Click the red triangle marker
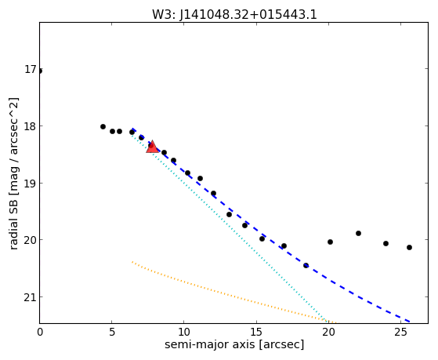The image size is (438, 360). (153, 147)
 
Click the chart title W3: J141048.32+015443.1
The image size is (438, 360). (234, 15)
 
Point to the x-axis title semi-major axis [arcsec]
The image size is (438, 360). (234, 344)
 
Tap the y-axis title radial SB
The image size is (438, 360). (13, 215)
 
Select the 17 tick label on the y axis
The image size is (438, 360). (31, 69)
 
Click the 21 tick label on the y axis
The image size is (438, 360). (31, 297)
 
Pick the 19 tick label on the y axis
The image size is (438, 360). (31, 184)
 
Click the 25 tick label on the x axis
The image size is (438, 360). (400, 333)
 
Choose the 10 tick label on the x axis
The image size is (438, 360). (183, 333)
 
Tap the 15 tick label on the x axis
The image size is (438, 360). (256, 333)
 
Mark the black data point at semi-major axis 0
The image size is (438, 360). (40, 71)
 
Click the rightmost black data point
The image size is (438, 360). (409, 247)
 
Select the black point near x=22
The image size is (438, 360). (358, 233)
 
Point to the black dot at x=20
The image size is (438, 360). (330, 242)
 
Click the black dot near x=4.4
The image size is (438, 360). (103, 127)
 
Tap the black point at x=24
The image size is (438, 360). (386, 243)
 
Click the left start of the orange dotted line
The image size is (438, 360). (132, 262)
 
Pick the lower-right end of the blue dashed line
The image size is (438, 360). (409, 322)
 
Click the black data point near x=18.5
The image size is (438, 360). (306, 265)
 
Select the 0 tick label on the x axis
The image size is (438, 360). (40, 333)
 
